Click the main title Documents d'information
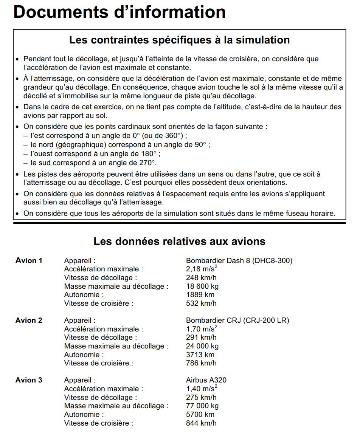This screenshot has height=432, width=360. tap(119, 12)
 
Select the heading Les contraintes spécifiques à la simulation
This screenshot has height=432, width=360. tap(180, 40)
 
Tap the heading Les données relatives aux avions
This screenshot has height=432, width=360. tap(180, 241)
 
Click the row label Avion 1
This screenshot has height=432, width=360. tap(29, 260)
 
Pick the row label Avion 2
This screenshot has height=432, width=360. tap(29, 321)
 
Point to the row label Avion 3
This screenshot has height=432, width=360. tap(29, 380)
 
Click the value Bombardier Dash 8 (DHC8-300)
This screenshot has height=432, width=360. tap(239, 260)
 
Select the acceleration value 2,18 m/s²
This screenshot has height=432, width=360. tap(202, 269)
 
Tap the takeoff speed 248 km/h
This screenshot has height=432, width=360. tap(201, 278)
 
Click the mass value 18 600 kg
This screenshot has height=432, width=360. tap(202, 286)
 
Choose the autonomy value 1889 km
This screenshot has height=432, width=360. tap(200, 295)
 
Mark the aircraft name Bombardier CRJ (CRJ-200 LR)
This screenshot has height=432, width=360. tap(237, 321)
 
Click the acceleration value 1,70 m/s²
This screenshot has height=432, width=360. tap(202, 329)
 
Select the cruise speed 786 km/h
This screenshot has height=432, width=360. tap(201, 363)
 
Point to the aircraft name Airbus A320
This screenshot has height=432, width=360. tap(206, 380)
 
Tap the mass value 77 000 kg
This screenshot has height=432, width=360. tap(202, 406)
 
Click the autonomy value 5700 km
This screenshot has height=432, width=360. tap(200, 415)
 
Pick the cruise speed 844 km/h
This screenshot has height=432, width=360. tap(201, 423)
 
